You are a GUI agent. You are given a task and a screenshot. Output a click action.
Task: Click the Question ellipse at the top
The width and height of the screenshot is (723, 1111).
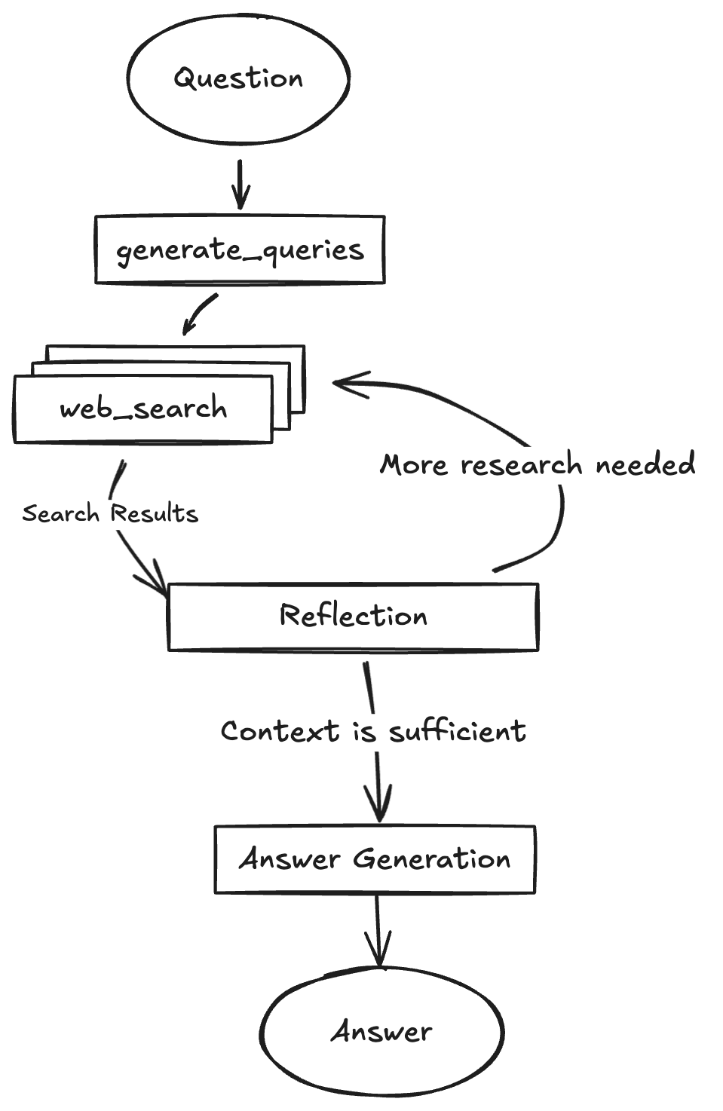coord(238,78)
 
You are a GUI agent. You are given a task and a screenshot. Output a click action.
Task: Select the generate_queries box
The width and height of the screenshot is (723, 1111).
coord(240,250)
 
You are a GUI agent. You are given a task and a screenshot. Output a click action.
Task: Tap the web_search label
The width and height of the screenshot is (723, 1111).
coord(143,409)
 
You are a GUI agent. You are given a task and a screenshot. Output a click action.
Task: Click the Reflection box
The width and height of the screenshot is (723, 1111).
coord(353,616)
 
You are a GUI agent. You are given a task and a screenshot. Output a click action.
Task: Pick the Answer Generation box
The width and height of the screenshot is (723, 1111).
coord(375,859)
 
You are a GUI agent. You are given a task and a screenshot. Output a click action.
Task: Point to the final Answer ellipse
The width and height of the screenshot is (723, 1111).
coord(382,1031)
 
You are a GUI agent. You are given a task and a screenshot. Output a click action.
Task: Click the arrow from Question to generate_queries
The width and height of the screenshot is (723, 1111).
coord(240,185)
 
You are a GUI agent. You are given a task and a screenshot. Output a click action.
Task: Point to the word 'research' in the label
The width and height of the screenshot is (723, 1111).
coord(522,465)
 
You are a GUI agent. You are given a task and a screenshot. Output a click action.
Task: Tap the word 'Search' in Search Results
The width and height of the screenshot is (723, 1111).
coord(60,513)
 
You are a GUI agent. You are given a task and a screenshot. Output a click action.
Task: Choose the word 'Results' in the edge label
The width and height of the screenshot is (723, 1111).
coord(154,513)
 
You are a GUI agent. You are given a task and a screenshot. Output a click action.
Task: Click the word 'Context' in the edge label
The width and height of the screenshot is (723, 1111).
coord(280,731)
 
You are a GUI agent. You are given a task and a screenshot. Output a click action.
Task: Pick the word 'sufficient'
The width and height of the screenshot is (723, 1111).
coord(458,731)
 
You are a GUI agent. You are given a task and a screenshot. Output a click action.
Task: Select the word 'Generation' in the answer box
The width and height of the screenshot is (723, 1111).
coord(432,859)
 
